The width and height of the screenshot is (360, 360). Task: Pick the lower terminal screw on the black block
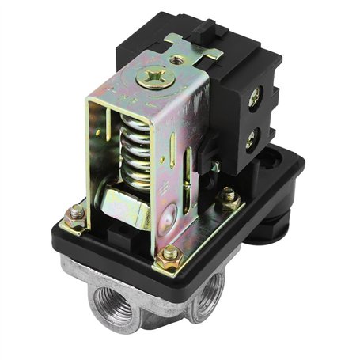point(252,142)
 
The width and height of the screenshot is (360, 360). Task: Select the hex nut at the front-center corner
point(169,254)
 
